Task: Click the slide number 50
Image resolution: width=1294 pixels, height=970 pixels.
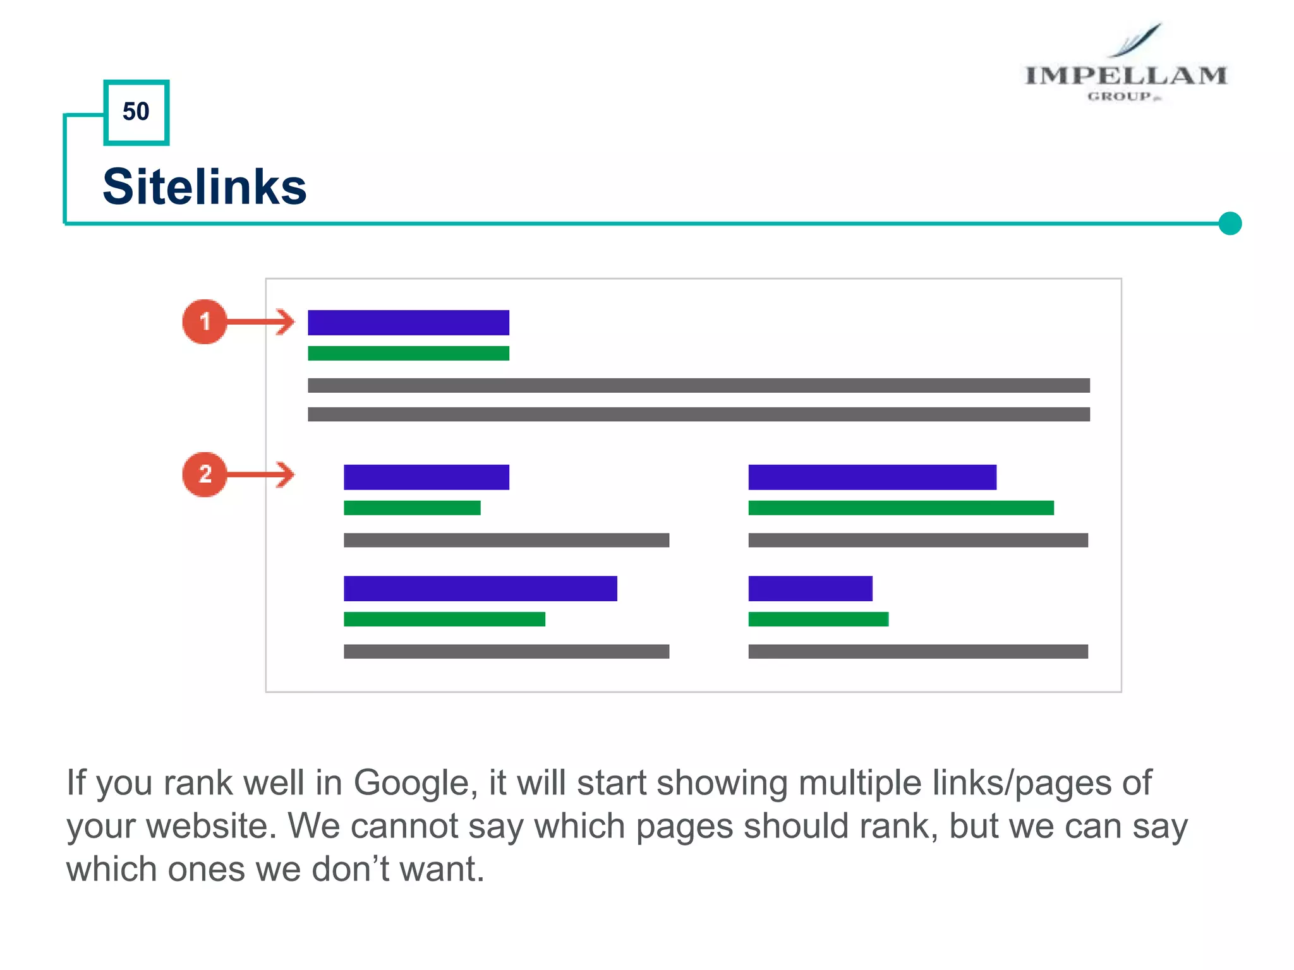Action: (136, 112)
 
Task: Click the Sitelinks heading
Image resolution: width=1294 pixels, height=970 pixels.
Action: (204, 187)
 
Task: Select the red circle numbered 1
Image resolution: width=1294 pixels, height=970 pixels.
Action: (204, 321)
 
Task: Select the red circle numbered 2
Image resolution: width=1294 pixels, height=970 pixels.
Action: (204, 474)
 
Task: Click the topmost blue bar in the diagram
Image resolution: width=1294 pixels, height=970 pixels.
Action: (408, 322)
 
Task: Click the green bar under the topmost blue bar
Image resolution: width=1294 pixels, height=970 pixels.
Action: (408, 353)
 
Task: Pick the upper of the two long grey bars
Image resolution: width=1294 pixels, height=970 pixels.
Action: (698, 385)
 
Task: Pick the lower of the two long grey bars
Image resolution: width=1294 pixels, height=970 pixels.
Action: (698, 414)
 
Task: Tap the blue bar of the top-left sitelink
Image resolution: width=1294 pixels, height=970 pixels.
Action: (426, 477)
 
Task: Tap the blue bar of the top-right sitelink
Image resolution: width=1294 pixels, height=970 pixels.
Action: (872, 477)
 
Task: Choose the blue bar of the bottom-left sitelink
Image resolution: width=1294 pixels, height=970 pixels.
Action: (480, 588)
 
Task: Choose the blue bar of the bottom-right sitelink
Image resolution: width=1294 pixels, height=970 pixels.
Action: (810, 588)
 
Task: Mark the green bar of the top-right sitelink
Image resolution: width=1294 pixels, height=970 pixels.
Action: (901, 508)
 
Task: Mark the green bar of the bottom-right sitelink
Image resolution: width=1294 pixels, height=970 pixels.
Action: (818, 619)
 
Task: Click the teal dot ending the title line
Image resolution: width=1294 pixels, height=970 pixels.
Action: (1230, 224)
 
